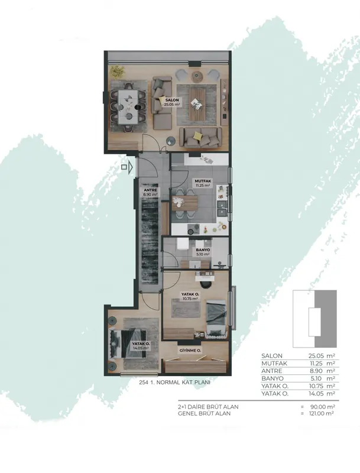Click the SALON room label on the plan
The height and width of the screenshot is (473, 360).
tap(172, 100)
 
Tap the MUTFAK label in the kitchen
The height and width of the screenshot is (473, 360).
tap(202, 181)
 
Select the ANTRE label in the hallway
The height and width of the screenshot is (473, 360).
tap(150, 190)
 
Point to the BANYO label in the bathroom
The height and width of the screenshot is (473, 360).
tap(203, 250)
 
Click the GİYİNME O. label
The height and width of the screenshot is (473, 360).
tap(190, 351)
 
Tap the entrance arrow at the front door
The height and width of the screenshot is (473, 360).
tap(131, 167)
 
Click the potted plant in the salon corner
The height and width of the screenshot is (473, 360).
tap(116, 72)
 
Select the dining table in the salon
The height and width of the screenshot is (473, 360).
tap(129, 107)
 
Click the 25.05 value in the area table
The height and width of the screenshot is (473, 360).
tap(313, 356)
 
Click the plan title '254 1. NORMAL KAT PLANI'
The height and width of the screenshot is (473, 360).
tap(174, 382)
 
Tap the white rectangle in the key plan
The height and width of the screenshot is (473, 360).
tap(314, 322)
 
